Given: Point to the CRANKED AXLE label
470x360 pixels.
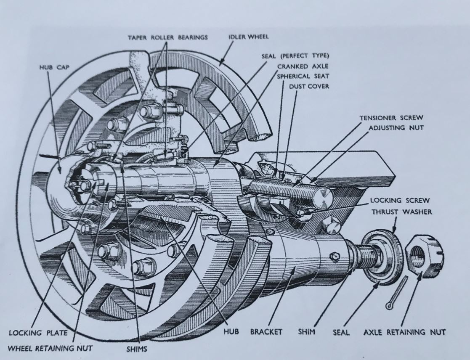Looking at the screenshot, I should [303, 66].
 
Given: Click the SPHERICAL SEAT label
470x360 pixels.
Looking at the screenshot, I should [303, 76].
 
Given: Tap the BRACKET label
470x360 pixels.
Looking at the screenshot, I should [266, 332].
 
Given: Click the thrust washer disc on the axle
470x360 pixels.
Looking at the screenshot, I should [384, 257].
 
